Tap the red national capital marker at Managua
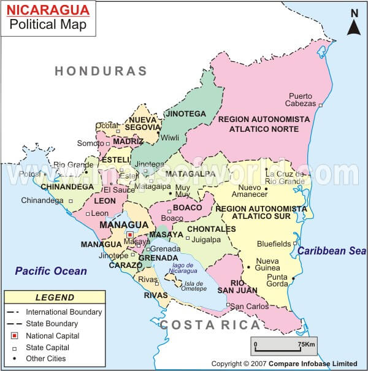tap(129, 234)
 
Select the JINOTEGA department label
tap(186, 113)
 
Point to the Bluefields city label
tap(273, 243)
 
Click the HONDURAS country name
tap(101, 71)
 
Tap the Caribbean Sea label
tap(332, 251)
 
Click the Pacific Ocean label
tap(51, 270)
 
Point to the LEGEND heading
tap(55, 297)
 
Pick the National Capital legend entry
tap(52, 335)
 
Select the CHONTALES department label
tap(211, 229)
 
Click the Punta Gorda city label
tap(277, 280)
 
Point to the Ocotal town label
tap(107, 126)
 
